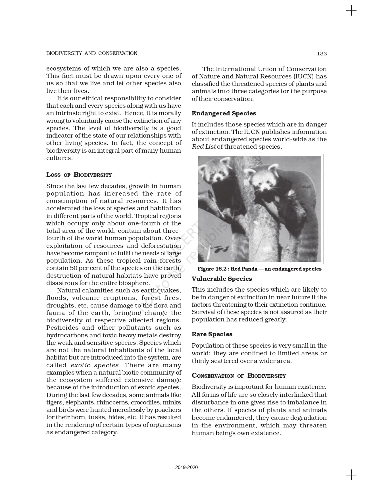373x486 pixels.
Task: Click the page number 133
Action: pyautogui.click(x=322, y=53)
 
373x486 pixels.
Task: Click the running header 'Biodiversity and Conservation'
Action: pyautogui.click(x=91, y=53)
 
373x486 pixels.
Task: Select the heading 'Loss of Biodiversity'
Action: pyautogui.click(x=79, y=175)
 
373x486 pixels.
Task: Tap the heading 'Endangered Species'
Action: pyautogui.click(x=224, y=113)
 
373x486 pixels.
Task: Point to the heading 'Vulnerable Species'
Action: pyautogui.click(x=222, y=279)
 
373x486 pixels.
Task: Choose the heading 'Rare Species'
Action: pyautogui.click(x=212, y=334)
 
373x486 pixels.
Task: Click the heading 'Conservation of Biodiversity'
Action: pyautogui.click(x=239, y=376)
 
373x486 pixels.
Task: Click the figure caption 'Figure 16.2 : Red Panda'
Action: pyautogui.click(x=259, y=269)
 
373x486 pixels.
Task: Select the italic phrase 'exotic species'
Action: pyautogui.click(x=95, y=365)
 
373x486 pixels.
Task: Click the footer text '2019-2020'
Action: pyautogui.click(x=186, y=467)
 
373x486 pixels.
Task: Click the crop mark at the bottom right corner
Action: pyautogui.click(x=351, y=475)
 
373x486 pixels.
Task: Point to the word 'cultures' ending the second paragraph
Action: pyautogui.click(x=59, y=158)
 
